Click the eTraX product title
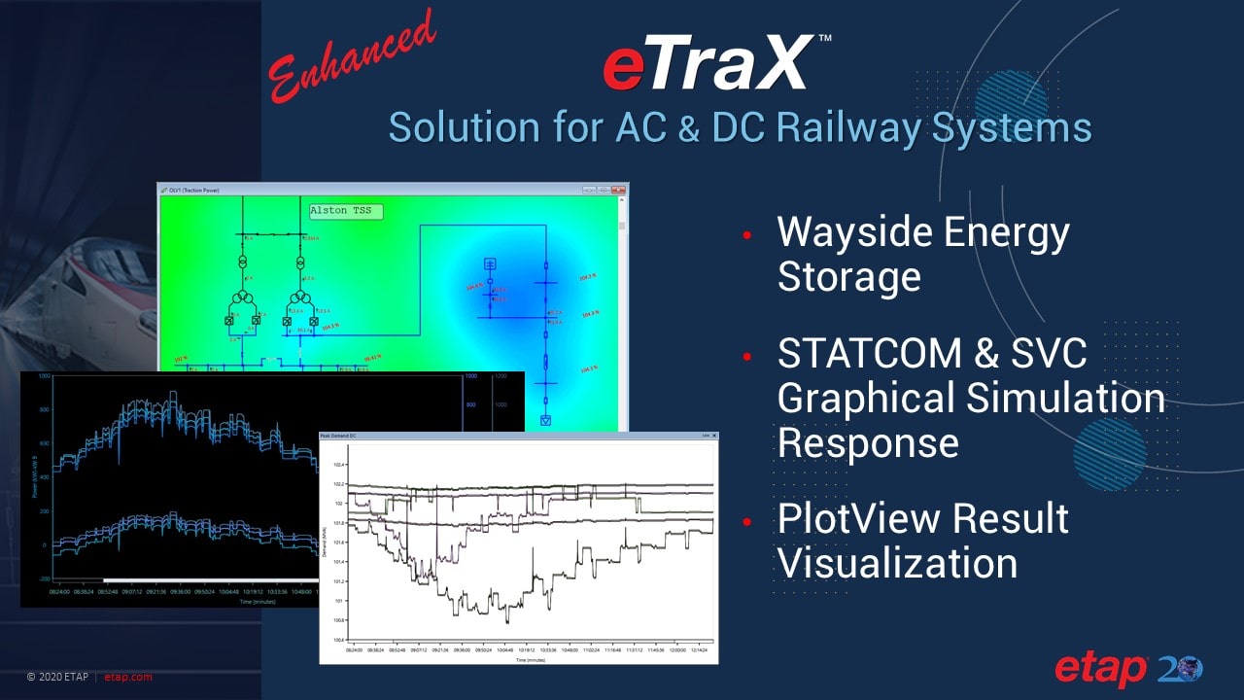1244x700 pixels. [708, 65]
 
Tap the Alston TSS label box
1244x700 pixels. [345, 211]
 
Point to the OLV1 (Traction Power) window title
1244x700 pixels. [194, 190]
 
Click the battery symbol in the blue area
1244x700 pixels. [490, 264]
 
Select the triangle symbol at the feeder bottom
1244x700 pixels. [545, 420]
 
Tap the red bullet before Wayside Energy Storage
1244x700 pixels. [746, 235]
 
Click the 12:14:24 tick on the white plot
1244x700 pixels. [700, 650]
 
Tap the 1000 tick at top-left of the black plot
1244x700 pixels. [43, 376]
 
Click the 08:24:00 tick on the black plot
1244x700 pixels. [65, 590]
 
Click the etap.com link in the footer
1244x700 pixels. [128, 677]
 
